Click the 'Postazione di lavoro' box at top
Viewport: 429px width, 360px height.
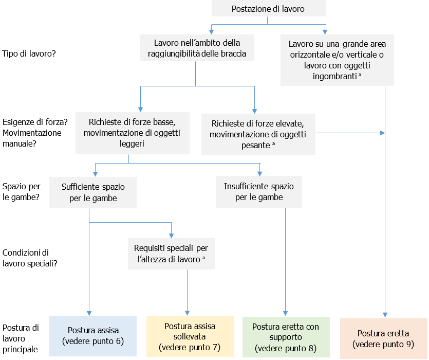tap(268, 9)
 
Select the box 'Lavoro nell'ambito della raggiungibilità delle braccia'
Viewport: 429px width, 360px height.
tap(197, 48)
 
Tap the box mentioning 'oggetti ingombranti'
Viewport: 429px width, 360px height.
tap(337, 60)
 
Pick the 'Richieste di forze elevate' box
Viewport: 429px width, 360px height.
tap(258, 134)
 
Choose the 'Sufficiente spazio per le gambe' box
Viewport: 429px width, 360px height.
tap(93, 192)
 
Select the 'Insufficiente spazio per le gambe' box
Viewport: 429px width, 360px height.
tap(259, 192)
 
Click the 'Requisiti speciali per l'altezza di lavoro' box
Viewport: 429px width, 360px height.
tap(172, 254)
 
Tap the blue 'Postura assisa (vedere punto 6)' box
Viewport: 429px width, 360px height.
tap(93, 336)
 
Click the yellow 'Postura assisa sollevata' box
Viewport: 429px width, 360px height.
tap(190, 336)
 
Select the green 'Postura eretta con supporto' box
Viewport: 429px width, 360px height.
tap(286, 336)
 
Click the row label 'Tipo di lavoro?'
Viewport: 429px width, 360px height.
tap(29, 53)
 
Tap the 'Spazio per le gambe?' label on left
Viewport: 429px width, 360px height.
tap(22, 192)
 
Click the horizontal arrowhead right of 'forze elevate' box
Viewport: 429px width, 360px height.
tap(382, 133)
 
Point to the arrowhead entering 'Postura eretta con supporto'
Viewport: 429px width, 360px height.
tap(286, 314)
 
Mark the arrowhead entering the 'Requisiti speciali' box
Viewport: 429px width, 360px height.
tap(172, 235)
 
